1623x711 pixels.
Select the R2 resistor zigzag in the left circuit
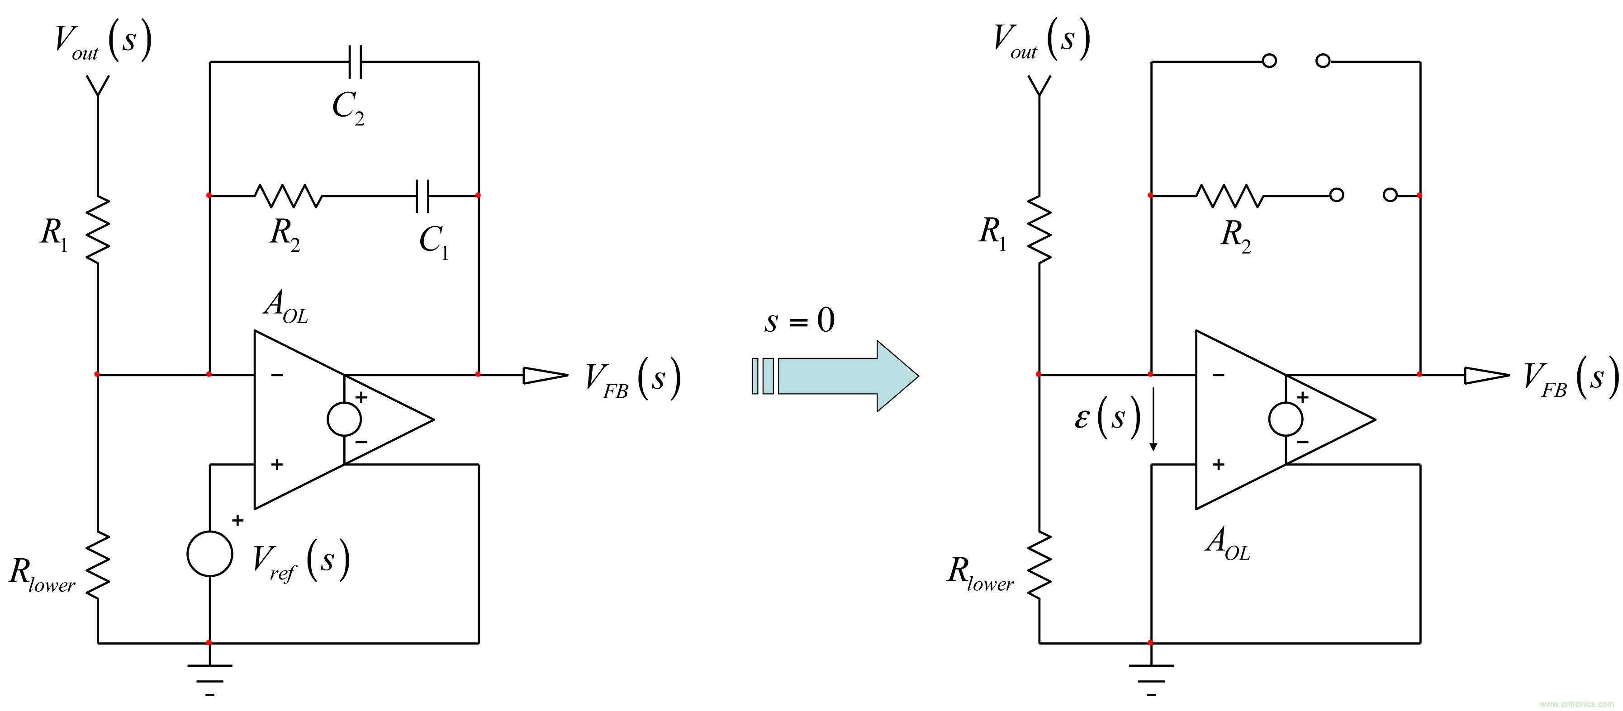(x=288, y=196)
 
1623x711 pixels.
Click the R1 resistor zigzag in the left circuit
(x=98, y=229)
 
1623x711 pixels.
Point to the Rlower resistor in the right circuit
(x=1039, y=564)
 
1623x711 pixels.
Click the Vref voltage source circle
(x=210, y=554)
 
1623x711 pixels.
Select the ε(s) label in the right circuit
(x=1107, y=418)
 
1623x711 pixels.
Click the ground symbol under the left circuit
(x=210, y=677)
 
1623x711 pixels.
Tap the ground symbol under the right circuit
(x=1151, y=677)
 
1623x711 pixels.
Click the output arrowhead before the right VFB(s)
(x=1485, y=375)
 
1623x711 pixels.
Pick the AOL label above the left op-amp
(x=286, y=307)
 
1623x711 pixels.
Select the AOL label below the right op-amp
(x=1227, y=543)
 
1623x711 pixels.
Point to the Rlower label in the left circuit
(x=42, y=575)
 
